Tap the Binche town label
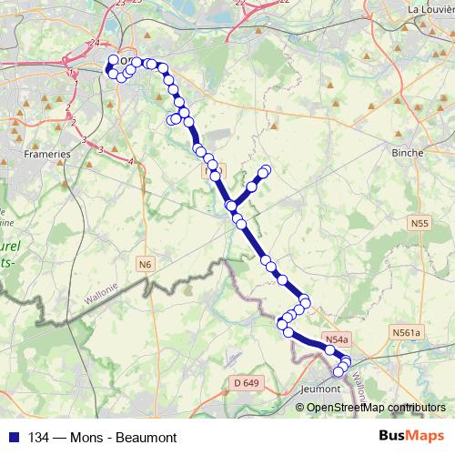[x=407, y=153]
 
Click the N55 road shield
[x=419, y=222]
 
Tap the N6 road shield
[x=146, y=264]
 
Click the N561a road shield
[x=406, y=332]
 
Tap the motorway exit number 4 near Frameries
[x=131, y=162]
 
